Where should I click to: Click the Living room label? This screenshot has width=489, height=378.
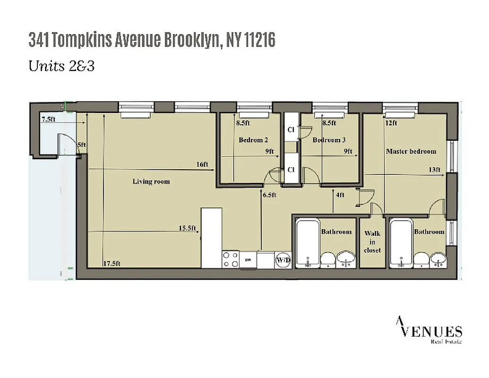pos(151,181)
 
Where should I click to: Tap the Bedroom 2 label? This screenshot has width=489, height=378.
pos(253,140)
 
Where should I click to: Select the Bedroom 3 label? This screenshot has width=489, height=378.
pos(329,140)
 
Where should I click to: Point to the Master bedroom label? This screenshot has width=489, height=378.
pos(411,151)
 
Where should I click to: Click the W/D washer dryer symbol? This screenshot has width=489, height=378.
pos(283,260)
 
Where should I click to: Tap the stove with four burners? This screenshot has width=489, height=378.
pos(231,259)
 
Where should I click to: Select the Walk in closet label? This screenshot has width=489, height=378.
pos(372,241)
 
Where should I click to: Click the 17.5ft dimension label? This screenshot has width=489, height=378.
pos(112,264)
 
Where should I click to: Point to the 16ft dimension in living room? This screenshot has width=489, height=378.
pos(202,164)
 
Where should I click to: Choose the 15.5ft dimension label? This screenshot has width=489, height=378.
pos(187,228)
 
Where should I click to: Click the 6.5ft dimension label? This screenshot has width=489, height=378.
pos(269,195)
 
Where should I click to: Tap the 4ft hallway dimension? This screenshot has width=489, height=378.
pos(340,195)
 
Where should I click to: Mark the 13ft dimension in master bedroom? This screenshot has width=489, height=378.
pos(434,170)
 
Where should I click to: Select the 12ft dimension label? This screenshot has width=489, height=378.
pos(391,123)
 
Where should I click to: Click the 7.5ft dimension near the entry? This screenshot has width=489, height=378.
pos(48,119)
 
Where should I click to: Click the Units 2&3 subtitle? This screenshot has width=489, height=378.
pos(61,66)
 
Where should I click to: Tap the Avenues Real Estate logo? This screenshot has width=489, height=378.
pos(429,331)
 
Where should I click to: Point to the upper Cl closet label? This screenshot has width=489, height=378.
pos(291,129)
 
